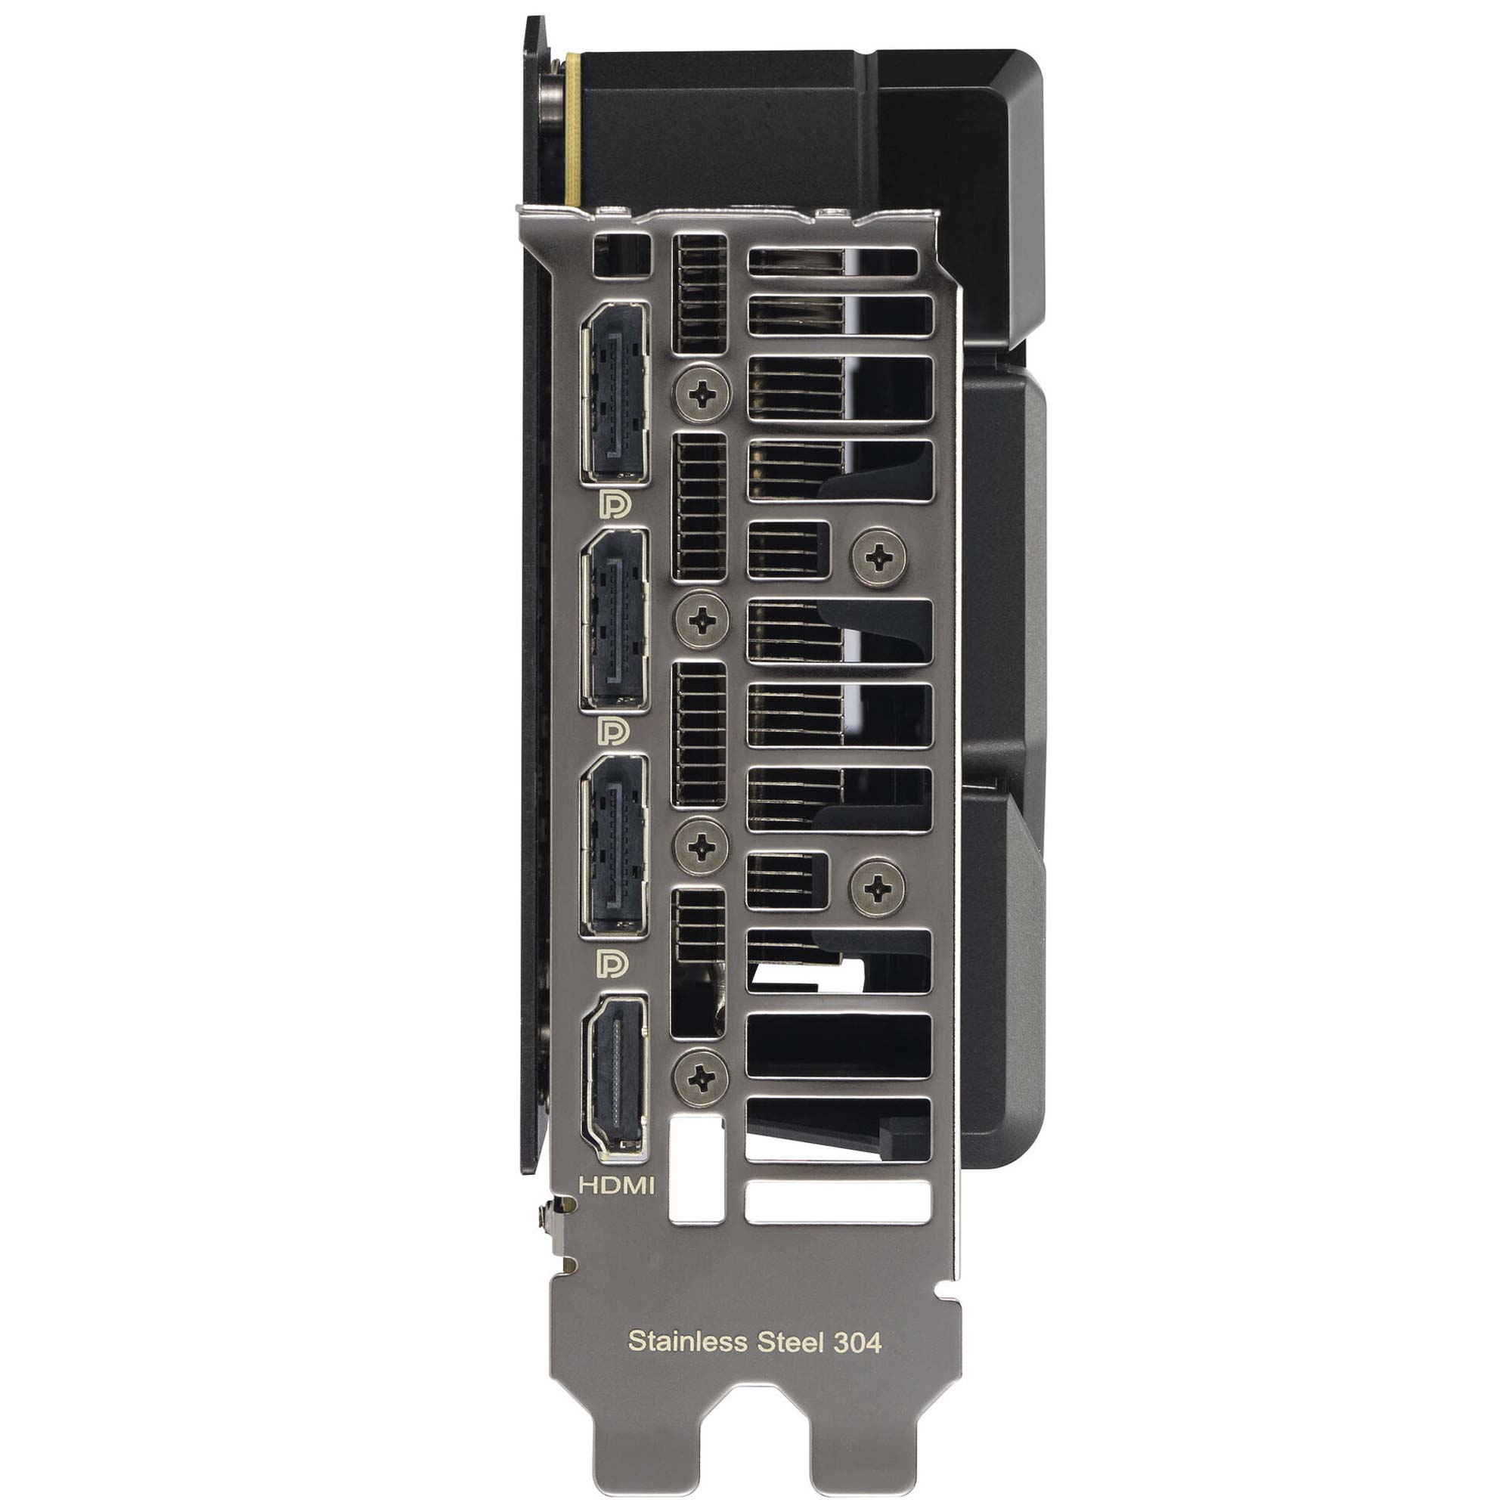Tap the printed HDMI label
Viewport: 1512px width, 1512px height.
(616, 1185)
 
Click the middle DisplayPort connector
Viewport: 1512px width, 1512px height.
(615, 619)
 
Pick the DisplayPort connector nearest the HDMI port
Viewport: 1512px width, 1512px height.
(615, 845)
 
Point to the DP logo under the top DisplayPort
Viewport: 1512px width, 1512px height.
(615, 504)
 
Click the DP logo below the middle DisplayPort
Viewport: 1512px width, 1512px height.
(614, 731)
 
